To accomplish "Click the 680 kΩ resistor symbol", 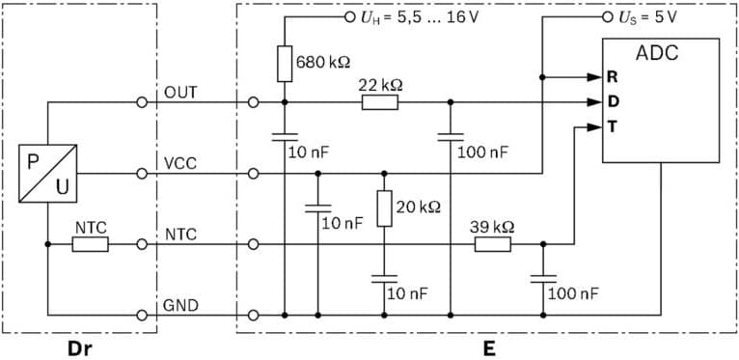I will [285, 63].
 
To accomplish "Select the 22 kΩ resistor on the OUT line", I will [380, 101].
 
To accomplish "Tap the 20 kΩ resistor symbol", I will [384, 208].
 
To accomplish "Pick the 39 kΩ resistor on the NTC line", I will [492, 244].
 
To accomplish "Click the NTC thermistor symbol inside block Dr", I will [91, 244].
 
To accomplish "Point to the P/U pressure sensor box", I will [46, 173].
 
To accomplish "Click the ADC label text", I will [658, 52].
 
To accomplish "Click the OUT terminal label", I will [181, 93].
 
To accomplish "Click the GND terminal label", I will [181, 305].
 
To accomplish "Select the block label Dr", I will [80, 348].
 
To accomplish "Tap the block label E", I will [489, 348].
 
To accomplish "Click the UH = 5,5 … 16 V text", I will [422, 17].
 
